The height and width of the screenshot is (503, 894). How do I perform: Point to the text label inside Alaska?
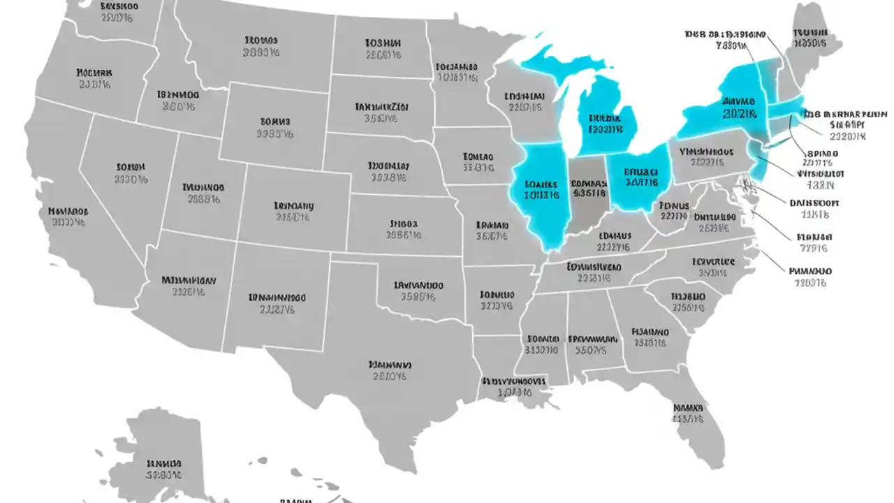pos(165,469)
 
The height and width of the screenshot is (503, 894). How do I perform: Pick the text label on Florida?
pos(689,412)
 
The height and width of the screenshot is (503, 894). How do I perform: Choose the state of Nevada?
pos(129,175)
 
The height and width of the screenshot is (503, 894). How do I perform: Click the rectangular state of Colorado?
pos(293,210)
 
